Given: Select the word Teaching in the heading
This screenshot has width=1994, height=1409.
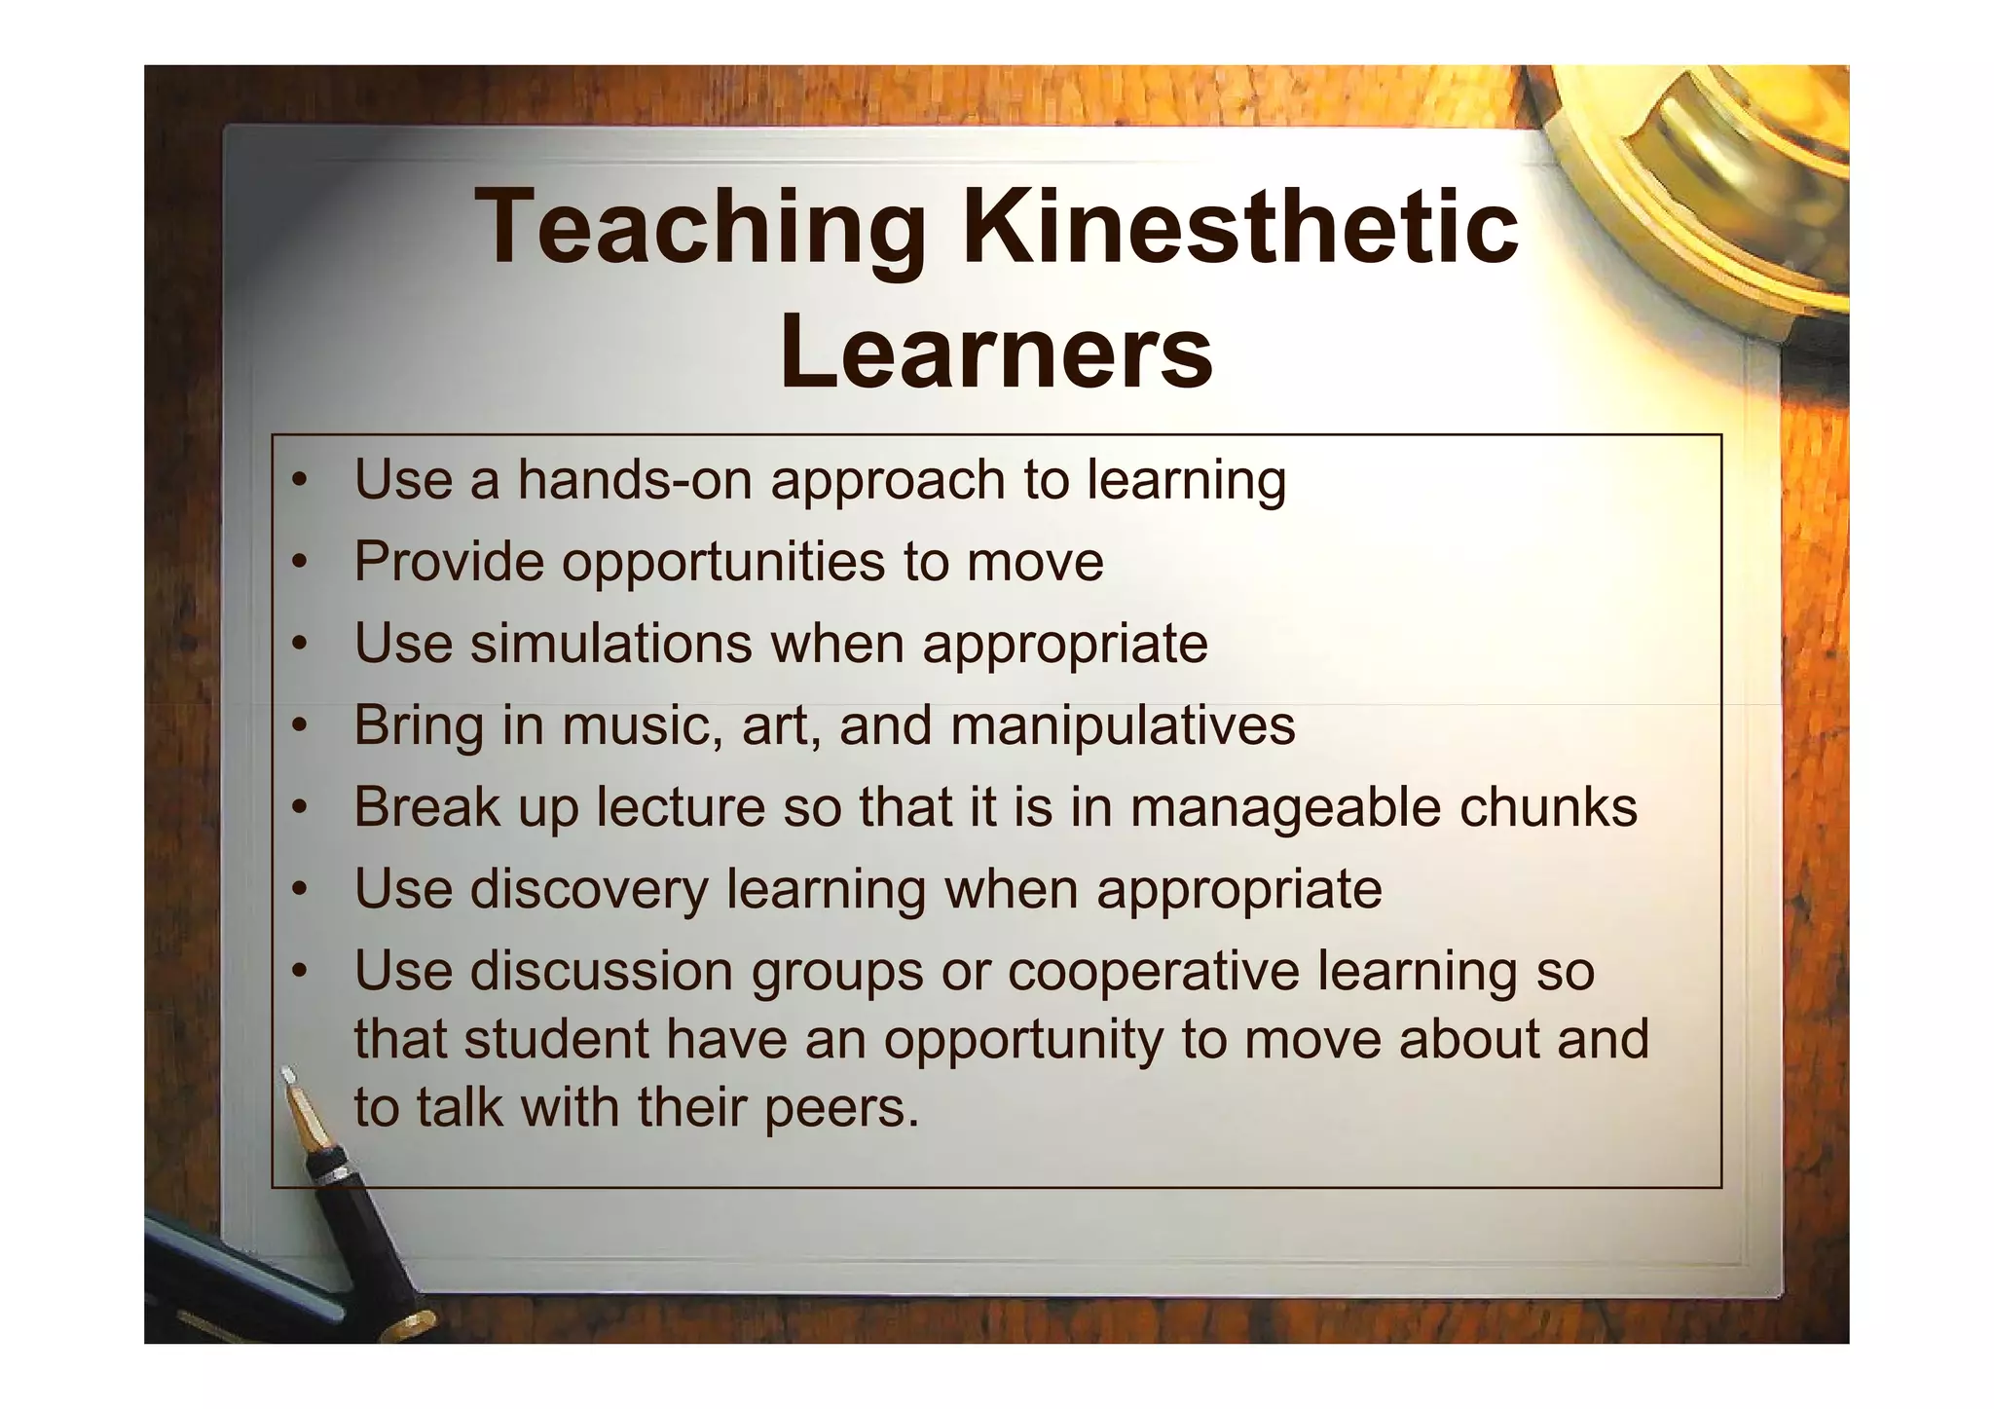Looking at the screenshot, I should tap(702, 229).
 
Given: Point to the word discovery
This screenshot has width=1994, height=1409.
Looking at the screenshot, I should tap(589, 890).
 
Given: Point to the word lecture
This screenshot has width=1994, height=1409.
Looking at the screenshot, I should tap(681, 807).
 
